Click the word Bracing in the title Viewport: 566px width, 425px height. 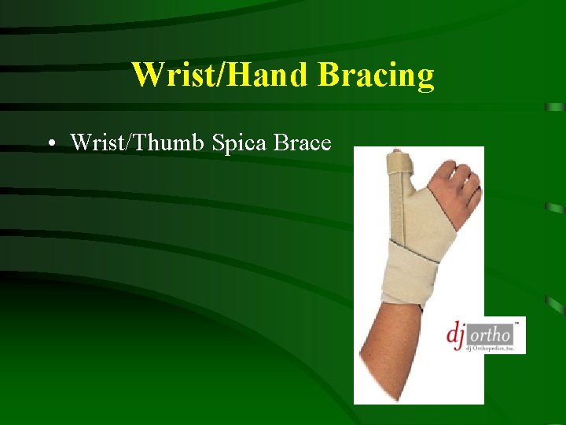[376, 76]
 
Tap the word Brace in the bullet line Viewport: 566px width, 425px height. [303, 142]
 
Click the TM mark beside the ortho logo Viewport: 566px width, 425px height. [516, 323]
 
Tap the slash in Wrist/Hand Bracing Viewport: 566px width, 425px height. [204, 76]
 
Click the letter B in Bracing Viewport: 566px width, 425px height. [328, 76]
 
